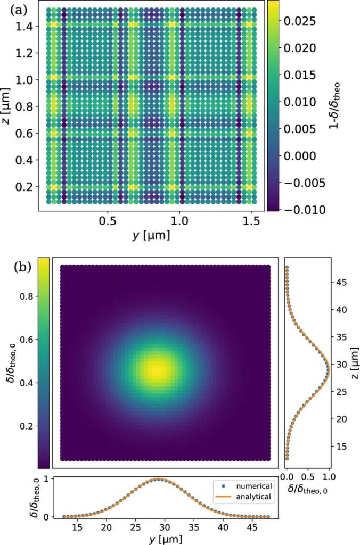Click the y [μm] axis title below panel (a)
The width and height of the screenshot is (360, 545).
click(151, 235)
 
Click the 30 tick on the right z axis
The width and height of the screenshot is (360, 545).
click(342, 364)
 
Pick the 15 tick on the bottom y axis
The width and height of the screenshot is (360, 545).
click(78, 527)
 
